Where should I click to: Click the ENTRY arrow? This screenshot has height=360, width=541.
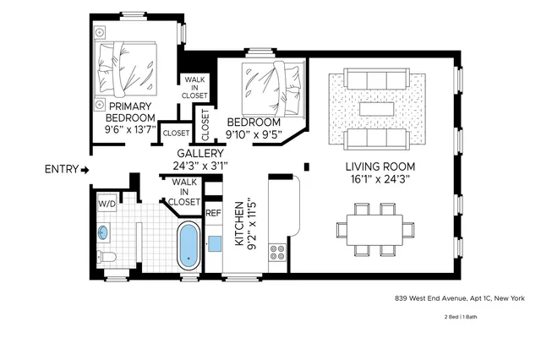point(85,170)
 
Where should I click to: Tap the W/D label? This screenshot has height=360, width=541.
point(107,204)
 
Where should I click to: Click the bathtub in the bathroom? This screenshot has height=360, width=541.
point(188,246)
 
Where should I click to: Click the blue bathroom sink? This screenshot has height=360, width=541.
point(105,231)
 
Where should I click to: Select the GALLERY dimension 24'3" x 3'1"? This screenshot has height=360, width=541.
point(199,166)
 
